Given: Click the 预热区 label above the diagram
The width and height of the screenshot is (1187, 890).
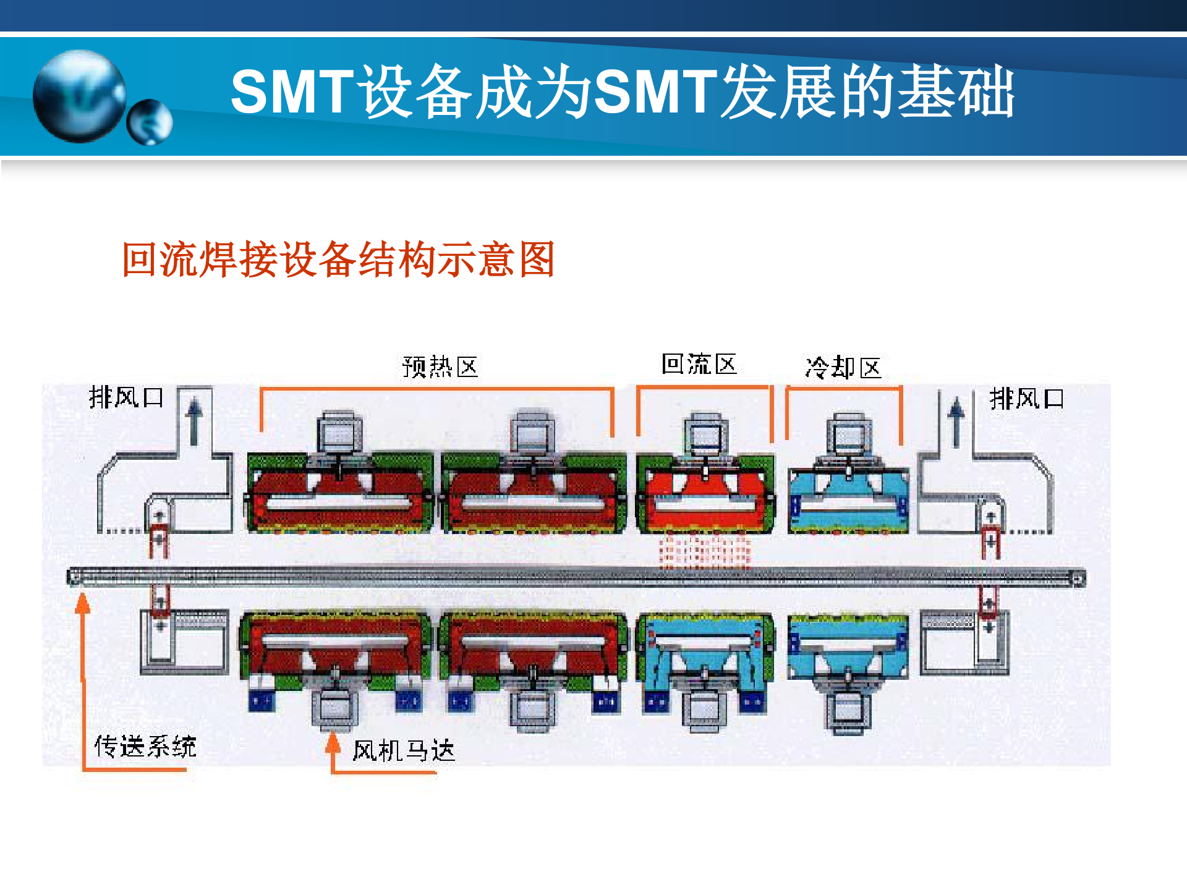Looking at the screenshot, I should (440, 367).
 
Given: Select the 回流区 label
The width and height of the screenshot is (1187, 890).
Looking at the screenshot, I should (699, 364).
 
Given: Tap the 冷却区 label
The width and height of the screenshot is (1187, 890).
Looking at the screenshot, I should (843, 368).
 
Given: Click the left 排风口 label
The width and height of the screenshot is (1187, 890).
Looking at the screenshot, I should (126, 397).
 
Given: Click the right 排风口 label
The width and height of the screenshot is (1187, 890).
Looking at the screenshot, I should (1026, 399).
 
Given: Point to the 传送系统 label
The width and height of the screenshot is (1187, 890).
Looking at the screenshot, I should (145, 747).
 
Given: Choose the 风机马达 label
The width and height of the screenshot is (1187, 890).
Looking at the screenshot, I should (403, 751).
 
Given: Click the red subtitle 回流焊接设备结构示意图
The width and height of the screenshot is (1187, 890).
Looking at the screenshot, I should (338, 260).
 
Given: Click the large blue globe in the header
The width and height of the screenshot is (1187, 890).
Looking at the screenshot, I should (79, 96).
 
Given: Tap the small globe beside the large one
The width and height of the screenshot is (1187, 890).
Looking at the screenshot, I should (150, 122).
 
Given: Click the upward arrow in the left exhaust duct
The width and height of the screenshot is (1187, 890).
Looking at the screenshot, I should (194, 420).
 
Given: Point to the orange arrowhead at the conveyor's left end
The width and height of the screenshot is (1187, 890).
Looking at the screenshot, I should (82, 603).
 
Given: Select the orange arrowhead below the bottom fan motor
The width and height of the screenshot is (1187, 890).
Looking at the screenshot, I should (333, 742).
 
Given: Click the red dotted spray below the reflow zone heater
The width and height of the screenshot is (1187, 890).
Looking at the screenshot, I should (704, 551).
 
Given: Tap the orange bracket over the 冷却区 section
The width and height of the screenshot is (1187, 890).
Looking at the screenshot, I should (843, 389).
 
